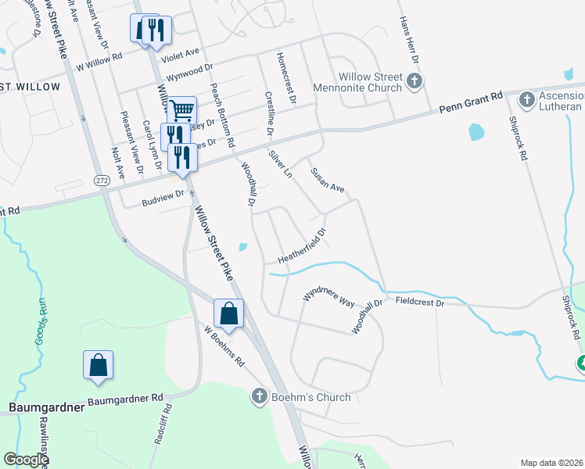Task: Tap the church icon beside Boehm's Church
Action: (260, 397)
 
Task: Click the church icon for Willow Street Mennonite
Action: (415, 80)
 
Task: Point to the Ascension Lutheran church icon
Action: (526, 100)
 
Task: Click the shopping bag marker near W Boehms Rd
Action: (228, 314)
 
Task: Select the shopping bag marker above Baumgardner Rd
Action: (98, 365)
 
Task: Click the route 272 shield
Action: (102, 180)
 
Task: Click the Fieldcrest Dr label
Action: (420, 302)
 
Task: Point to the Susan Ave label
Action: (327, 181)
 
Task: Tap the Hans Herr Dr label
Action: (409, 39)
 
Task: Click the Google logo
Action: (26, 460)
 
